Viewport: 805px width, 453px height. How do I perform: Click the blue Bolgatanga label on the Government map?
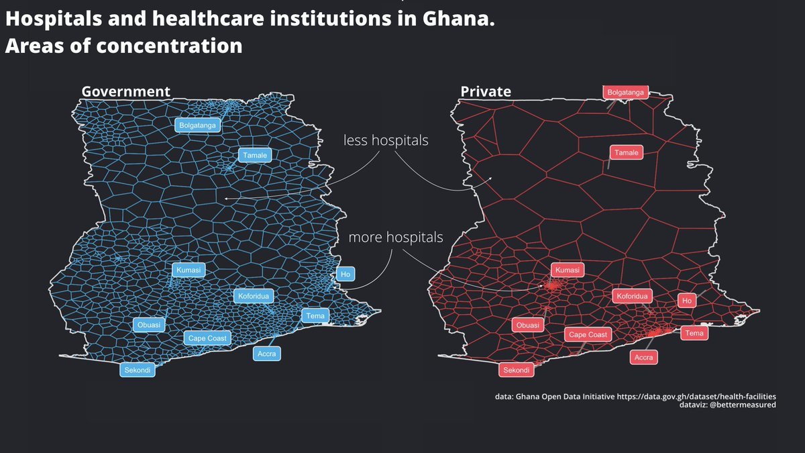[x=198, y=125]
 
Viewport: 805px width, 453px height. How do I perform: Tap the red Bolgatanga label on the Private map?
[x=626, y=92]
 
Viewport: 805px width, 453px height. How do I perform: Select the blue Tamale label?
[x=255, y=156]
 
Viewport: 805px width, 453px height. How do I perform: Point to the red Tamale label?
[x=626, y=153]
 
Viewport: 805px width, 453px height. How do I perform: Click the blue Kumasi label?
[x=189, y=270]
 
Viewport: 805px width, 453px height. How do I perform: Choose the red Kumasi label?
[x=568, y=270]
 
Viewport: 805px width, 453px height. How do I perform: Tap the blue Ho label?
[x=345, y=274]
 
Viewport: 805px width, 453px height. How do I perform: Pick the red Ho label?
[x=686, y=301]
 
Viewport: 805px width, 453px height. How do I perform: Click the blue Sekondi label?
[x=138, y=370]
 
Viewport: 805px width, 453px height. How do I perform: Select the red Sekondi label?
[x=517, y=370]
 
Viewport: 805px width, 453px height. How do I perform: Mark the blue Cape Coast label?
[x=207, y=338]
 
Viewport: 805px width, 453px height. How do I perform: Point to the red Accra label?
[x=643, y=358]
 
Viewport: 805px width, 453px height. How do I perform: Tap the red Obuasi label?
[x=528, y=325]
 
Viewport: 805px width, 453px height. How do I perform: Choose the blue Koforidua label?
[x=254, y=296]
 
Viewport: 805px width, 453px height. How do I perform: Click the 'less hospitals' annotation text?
[x=386, y=141]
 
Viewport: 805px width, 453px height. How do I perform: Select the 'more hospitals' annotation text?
[x=396, y=238]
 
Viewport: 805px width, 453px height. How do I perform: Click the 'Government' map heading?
[x=125, y=91]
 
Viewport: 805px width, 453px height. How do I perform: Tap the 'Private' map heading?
[x=486, y=91]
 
